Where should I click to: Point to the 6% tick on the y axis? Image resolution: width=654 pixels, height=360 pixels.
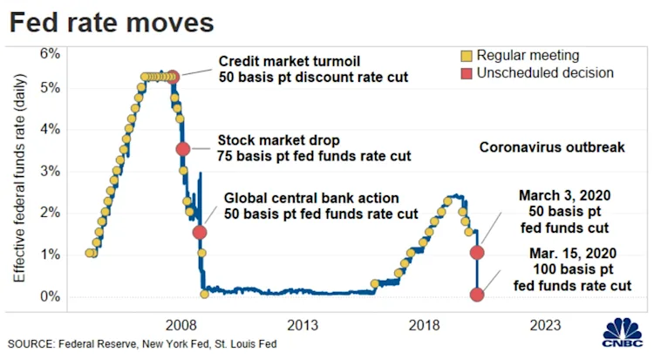click(x=48, y=53)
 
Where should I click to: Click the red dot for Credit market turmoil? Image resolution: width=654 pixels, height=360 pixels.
click(x=173, y=77)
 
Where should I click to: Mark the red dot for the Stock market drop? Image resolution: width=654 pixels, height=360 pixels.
click(x=183, y=149)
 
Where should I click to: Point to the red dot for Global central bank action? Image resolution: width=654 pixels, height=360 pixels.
click(x=200, y=232)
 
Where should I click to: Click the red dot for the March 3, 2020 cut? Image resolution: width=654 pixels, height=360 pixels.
click(x=477, y=253)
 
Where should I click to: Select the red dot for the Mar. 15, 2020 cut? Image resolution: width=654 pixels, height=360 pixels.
click(x=477, y=295)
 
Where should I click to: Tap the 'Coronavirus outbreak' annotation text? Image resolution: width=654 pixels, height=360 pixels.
click(x=552, y=147)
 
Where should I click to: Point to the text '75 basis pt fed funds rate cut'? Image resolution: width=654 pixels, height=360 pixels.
click(x=313, y=157)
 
